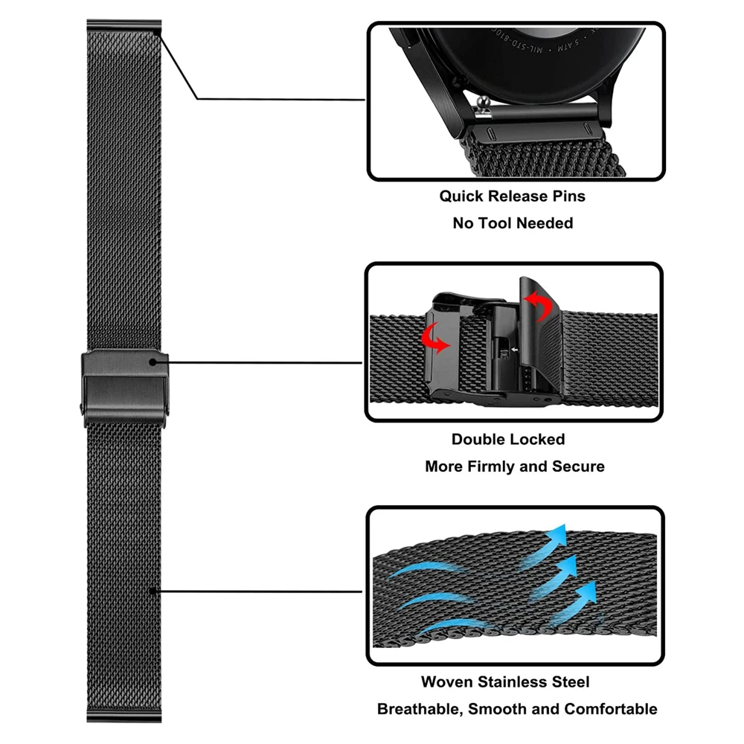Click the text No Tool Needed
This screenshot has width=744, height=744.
(x=513, y=223)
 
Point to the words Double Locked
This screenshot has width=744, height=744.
(x=508, y=440)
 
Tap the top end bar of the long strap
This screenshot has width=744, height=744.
(x=124, y=26)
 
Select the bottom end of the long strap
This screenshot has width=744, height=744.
(x=124, y=716)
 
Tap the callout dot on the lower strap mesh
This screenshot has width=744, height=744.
(x=153, y=592)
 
